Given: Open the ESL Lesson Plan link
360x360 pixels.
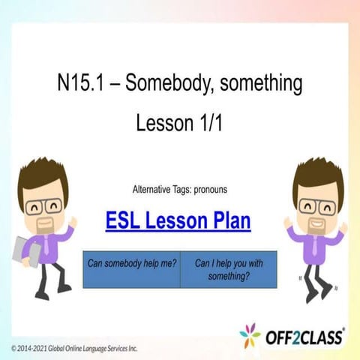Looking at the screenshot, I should coord(178,221).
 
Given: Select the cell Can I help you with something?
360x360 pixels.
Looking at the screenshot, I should coord(228,269).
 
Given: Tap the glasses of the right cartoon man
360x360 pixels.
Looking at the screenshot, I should coord(315,205).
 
